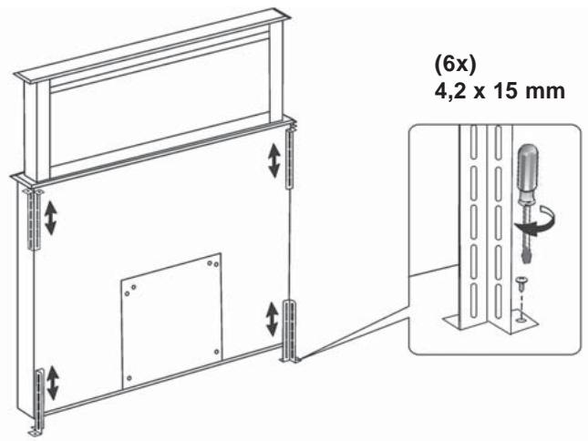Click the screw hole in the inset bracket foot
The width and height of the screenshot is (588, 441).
520,320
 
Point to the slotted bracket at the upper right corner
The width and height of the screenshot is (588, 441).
289,159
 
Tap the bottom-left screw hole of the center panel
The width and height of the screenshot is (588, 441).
129,375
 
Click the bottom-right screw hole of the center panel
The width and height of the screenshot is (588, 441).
216,352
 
